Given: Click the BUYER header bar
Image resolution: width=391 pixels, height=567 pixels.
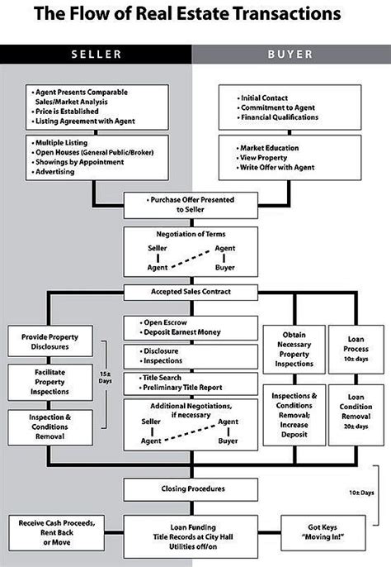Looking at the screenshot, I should (x=290, y=55).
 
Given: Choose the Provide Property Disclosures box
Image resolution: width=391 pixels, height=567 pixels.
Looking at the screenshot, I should (x=49, y=342).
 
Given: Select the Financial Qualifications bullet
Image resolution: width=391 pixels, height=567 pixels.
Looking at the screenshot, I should (x=284, y=117).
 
